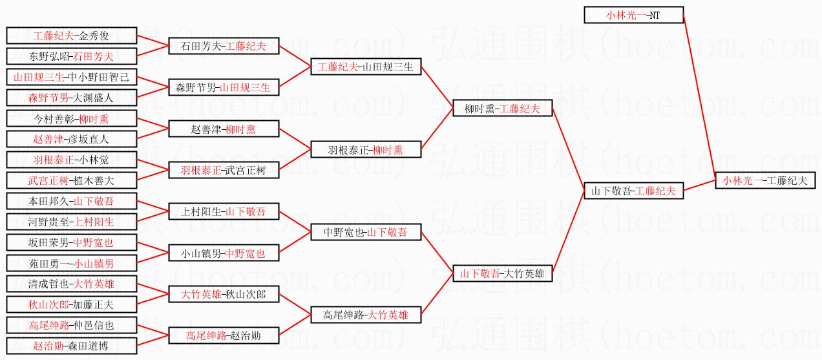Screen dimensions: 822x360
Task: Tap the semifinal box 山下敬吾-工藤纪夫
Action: pyautogui.click(x=633, y=191)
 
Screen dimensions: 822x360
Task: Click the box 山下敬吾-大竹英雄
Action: pyautogui.click(x=503, y=274)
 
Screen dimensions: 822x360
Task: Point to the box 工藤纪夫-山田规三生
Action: pyautogui.click(x=366, y=66)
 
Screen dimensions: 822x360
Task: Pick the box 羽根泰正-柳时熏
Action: pyautogui.click(x=366, y=150)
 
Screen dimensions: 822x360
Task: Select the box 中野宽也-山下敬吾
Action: pyautogui.click(x=366, y=233)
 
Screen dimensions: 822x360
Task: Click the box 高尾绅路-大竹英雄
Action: pyautogui.click(x=366, y=315)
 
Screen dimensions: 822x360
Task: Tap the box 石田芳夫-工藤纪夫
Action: pyautogui.click(x=224, y=46)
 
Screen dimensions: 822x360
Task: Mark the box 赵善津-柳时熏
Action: pyautogui.click(x=224, y=129)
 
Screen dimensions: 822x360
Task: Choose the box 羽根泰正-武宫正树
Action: pyautogui.click(x=224, y=171)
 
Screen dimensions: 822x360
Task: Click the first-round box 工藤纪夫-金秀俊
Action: pyautogui.click(x=71, y=36)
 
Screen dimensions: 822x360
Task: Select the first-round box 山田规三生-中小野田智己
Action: pyautogui.click(x=71, y=78)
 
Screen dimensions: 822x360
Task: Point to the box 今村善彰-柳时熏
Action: pyautogui.click(x=71, y=119)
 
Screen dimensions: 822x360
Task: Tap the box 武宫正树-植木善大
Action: pyautogui.click(x=71, y=180)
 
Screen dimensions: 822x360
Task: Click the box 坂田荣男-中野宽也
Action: pyautogui.click(x=71, y=243)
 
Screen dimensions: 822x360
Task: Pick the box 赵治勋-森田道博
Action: pyautogui.click(x=71, y=346)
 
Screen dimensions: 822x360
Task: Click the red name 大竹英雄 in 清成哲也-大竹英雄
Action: pyautogui.click(x=94, y=283)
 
